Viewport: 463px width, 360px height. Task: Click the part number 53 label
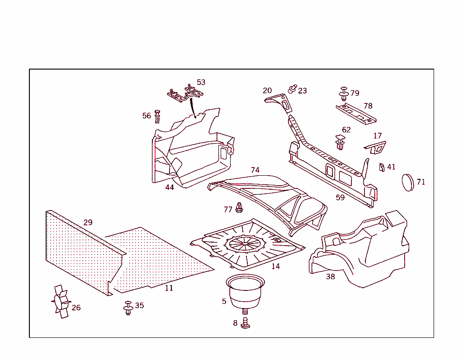[x=201, y=82]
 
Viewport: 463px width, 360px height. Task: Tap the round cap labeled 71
[x=408, y=182]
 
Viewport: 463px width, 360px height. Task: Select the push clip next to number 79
[x=344, y=94]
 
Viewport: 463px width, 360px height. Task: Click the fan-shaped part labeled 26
[x=61, y=302]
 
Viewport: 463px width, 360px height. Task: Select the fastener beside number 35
[x=128, y=307]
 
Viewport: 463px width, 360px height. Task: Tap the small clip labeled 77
[x=240, y=208]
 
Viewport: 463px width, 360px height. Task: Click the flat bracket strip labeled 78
[x=355, y=114]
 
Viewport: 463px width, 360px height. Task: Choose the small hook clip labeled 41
[x=382, y=168]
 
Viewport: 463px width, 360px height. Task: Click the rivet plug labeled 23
[x=292, y=89]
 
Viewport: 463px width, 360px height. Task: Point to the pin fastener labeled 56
[x=157, y=116]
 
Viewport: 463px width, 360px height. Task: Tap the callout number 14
[x=275, y=266]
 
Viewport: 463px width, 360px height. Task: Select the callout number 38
[x=331, y=276]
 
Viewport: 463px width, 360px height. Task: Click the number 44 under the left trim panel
[x=170, y=187]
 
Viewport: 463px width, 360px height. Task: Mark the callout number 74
[x=255, y=170]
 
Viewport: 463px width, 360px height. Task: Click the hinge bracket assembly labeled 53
[x=185, y=94]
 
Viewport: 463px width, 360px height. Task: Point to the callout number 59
[x=340, y=197]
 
